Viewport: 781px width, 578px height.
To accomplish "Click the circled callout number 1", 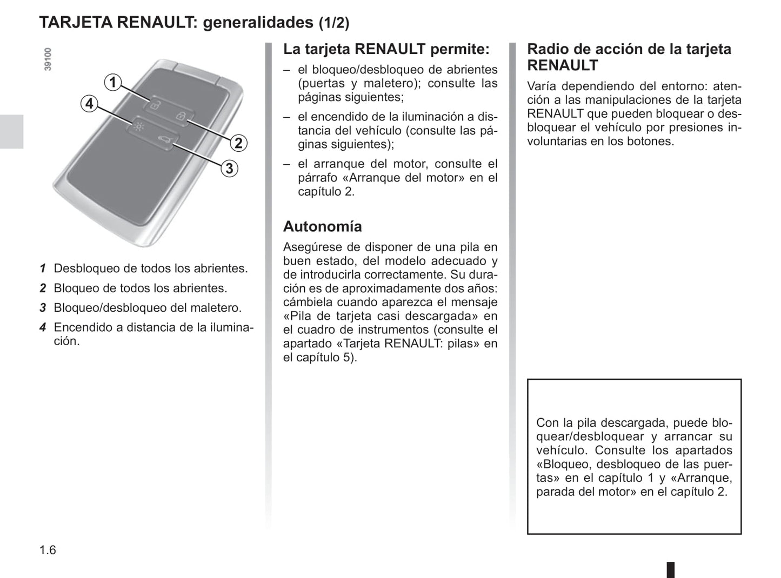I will [112, 82].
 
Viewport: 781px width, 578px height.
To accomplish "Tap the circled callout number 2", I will [238, 143].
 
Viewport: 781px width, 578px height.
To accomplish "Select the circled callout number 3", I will [229, 169].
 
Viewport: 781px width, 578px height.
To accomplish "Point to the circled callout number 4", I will [89, 103].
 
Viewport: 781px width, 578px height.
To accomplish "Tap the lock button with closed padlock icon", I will [182, 116].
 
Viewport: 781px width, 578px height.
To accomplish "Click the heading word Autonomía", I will [322, 226].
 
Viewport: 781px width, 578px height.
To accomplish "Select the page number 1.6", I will [48, 550].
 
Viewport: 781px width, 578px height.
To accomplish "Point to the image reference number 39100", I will [48, 59].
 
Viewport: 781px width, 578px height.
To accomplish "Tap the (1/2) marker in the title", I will [333, 23].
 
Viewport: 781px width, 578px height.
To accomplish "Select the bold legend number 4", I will [43, 327].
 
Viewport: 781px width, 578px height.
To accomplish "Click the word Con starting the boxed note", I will [547, 423].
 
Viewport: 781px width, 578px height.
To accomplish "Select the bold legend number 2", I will [43, 288].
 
